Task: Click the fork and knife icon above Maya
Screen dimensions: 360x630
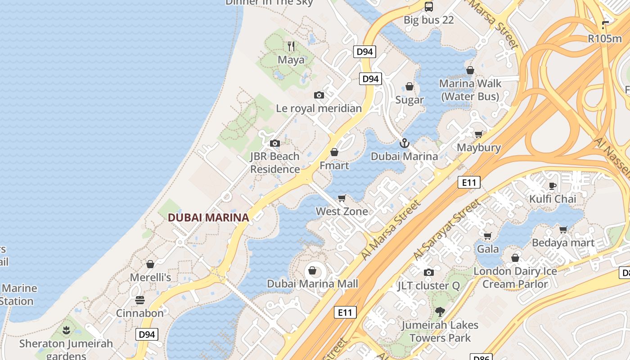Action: tap(291, 46)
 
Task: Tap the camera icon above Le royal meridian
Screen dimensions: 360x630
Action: tap(319, 95)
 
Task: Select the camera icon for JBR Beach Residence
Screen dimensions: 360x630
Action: tap(274, 144)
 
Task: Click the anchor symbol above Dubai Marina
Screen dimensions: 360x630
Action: tap(404, 143)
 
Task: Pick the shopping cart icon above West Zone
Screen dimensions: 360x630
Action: tap(342, 198)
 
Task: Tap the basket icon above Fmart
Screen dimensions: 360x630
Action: tap(334, 153)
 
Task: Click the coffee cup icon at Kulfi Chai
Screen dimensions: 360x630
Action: tap(553, 186)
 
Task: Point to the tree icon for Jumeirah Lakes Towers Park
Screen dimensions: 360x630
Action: tap(440, 311)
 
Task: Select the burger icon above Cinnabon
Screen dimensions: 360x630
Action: tap(140, 300)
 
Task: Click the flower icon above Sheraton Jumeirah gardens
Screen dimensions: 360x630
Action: tap(66, 331)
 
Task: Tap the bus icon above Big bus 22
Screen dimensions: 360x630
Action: tap(429, 7)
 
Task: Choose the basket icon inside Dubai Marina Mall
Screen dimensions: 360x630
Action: tap(312, 271)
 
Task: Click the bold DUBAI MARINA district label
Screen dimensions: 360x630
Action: tap(208, 218)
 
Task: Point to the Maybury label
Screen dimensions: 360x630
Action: tap(479, 148)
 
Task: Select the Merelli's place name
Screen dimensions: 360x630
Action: tap(150, 277)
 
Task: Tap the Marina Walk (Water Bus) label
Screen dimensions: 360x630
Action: tap(470, 90)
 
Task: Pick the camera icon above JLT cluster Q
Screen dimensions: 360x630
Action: tap(429, 272)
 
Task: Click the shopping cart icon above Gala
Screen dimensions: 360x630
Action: tap(487, 236)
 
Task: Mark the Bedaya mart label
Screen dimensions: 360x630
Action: tap(563, 243)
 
